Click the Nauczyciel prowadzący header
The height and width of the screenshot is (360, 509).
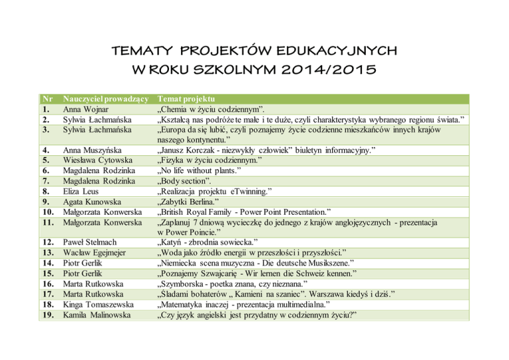(104, 98)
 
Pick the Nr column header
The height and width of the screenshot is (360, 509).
(46, 98)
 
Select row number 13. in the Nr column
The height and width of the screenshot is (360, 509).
(47, 253)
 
